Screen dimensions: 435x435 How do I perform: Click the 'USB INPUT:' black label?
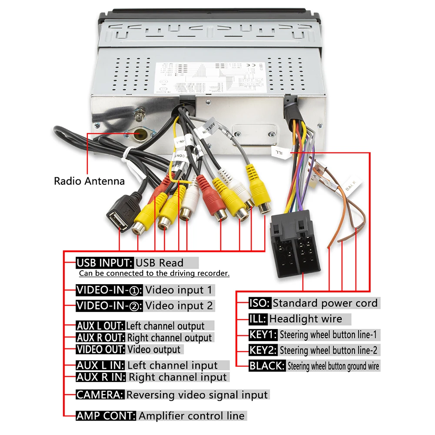[x=104, y=262]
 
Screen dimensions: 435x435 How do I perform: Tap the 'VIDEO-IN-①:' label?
[x=110, y=290]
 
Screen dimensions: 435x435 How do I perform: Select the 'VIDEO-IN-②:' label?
[x=110, y=305]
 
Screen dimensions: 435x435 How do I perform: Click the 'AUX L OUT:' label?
[x=100, y=326]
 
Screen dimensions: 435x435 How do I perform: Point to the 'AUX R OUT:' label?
[x=101, y=338]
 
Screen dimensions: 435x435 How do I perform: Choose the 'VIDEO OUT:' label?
[x=101, y=349]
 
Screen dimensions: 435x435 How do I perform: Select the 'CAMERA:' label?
[x=100, y=395]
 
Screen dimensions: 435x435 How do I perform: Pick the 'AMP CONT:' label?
[x=106, y=416]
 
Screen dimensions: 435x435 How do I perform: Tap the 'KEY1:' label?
[x=263, y=335]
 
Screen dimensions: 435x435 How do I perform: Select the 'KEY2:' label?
[x=263, y=350]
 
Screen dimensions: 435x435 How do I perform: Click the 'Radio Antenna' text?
[x=89, y=181]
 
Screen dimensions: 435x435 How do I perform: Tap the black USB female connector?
[x=119, y=218]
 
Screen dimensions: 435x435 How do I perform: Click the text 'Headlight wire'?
[x=305, y=319]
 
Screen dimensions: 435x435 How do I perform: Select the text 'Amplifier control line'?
[x=192, y=416]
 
